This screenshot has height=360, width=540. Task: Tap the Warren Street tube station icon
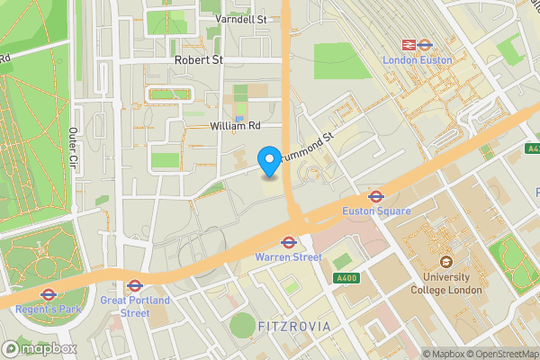click(x=289, y=241)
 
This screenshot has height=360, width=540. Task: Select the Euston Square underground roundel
click(x=376, y=195)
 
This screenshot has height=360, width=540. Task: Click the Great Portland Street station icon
click(x=135, y=285)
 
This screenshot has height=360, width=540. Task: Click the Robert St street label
click(x=199, y=60)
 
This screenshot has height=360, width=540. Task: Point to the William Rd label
click(x=235, y=127)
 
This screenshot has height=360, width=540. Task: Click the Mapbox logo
click(x=40, y=348)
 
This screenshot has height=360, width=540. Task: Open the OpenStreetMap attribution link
click(x=502, y=353)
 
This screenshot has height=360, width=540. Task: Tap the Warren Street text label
click(x=288, y=257)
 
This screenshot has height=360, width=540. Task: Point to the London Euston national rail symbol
click(x=407, y=43)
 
